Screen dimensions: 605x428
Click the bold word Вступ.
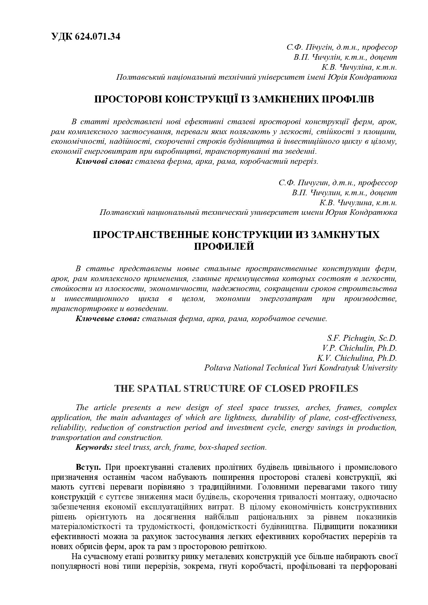pyautogui.click(x=88, y=467)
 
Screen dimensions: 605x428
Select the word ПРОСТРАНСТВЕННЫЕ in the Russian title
pyautogui.click(x=150, y=235)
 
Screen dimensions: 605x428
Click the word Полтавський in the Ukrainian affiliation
pyautogui.click(x=140, y=77)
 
